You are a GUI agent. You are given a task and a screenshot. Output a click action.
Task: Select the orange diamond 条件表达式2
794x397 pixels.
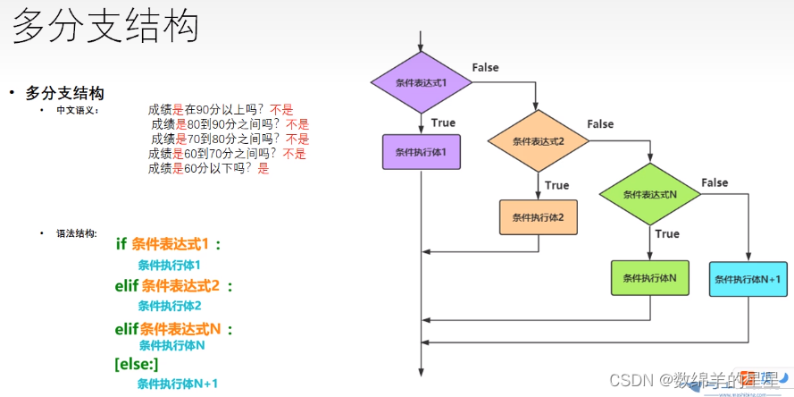(x=538, y=141)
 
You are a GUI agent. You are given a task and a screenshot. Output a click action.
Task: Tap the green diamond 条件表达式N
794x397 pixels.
(x=649, y=195)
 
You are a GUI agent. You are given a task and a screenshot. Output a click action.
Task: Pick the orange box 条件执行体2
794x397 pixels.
(x=538, y=216)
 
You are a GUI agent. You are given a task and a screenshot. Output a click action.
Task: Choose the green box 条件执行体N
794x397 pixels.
(x=649, y=278)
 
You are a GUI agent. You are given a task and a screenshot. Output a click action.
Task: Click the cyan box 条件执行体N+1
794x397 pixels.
(x=748, y=279)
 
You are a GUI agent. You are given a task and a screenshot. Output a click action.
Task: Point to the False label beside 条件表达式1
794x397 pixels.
(x=485, y=68)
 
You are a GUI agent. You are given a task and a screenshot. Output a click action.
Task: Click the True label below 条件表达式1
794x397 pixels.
(x=443, y=122)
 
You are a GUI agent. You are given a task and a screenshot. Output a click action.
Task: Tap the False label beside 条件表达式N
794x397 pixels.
(x=715, y=183)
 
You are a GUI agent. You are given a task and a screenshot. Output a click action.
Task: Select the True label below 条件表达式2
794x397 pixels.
(x=556, y=185)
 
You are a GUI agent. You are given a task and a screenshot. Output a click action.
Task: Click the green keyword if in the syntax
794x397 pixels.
(x=121, y=244)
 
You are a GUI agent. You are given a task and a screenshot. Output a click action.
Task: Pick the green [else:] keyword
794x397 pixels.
(x=137, y=364)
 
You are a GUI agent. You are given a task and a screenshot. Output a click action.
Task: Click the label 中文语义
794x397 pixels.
(x=78, y=110)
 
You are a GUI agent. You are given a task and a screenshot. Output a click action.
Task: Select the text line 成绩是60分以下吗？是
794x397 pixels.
(x=208, y=167)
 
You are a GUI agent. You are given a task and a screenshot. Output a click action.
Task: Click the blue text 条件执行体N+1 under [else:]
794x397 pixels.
(x=177, y=384)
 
